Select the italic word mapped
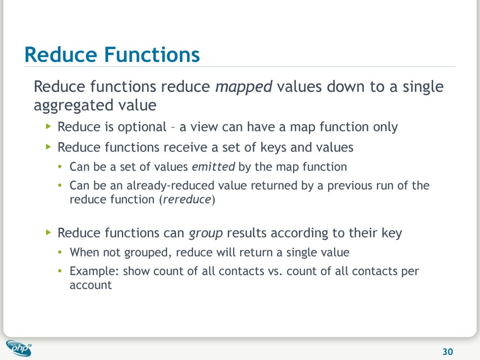pyautogui.click(x=243, y=87)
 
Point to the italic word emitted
pyautogui.click(x=213, y=167)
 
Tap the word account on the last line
pyautogui.click(x=90, y=285)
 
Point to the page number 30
pyautogui.click(x=448, y=352)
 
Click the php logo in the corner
pyautogui.click(x=19, y=348)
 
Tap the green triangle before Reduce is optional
pyautogui.click(x=49, y=127)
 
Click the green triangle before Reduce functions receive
pyautogui.click(x=49, y=147)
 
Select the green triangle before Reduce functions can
pyautogui.click(x=49, y=232)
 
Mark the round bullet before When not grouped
pyautogui.click(x=60, y=253)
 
